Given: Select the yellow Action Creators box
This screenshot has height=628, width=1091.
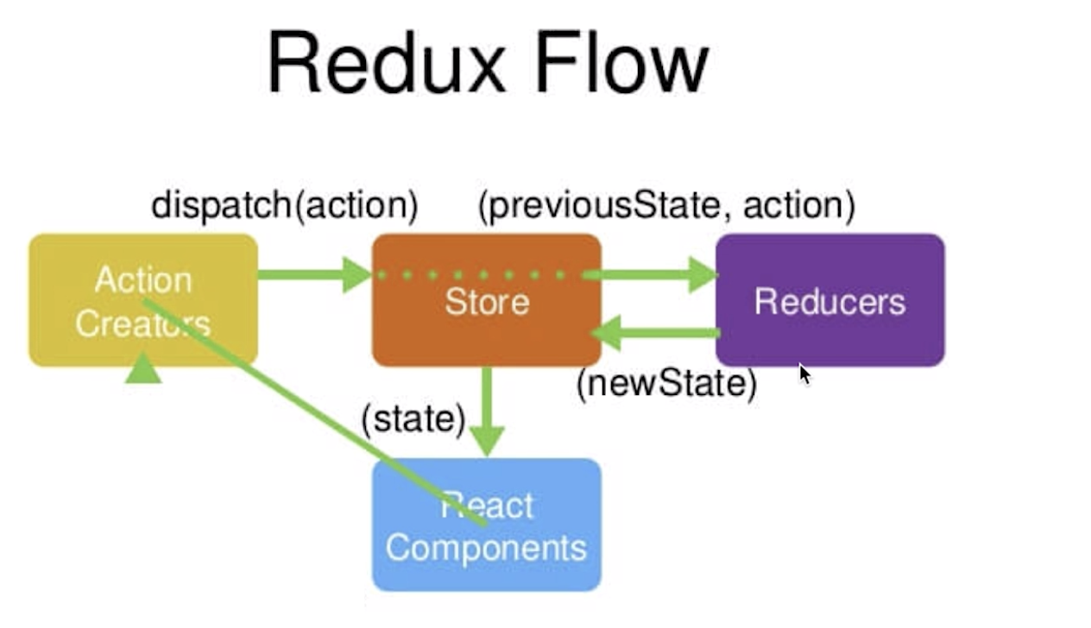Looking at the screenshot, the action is point(143,300).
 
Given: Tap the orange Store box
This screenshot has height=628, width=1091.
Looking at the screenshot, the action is point(487,300).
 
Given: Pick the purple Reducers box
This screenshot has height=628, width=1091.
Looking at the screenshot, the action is point(830,300).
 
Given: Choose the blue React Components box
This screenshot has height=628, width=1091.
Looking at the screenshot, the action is point(487,524).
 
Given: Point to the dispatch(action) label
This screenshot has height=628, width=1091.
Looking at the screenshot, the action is point(285,206).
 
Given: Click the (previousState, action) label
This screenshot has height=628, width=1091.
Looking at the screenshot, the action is point(667,206).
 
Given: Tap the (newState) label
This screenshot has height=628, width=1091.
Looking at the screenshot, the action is point(667,384).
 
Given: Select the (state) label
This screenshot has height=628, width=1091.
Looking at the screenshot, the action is point(413,419).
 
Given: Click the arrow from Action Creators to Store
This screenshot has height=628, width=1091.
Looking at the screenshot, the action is point(315,275).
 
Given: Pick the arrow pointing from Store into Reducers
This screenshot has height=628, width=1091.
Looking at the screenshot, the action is point(650,275).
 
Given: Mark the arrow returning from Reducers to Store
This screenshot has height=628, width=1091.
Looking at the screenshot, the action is point(655,333).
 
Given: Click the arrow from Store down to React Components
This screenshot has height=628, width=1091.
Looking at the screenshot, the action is point(487,411).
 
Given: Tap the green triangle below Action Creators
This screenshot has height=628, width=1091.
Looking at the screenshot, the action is point(143,369).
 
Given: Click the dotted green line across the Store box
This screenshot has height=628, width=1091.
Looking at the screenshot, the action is point(471,275).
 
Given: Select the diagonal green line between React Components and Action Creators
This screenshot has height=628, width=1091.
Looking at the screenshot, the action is point(315,413).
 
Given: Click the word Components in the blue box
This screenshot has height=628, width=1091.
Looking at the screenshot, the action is point(487,549).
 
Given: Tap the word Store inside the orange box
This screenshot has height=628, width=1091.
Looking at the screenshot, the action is point(487,302).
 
